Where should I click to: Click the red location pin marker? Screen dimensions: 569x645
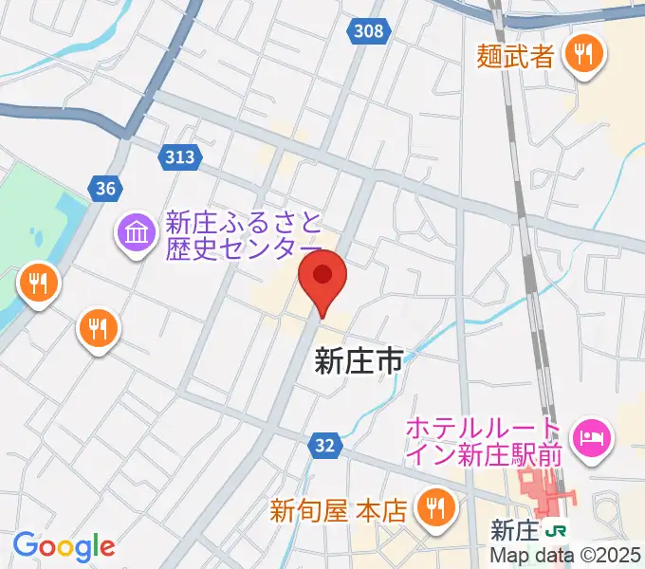[322, 278]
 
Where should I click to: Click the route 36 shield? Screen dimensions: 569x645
[105, 189]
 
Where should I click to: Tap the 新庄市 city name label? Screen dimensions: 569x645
[359, 360]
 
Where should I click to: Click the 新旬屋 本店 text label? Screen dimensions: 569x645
[338, 511]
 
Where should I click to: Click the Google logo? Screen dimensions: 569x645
[64, 546]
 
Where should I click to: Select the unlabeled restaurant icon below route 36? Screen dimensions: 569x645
[97, 329]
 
